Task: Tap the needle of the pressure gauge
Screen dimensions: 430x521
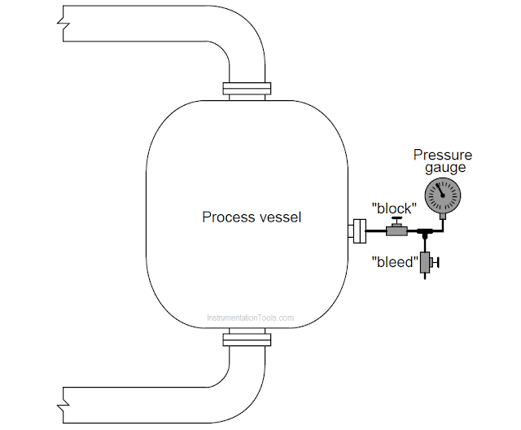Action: click(x=440, y=190)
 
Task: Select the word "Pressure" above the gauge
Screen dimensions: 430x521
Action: click(x=442, y=155)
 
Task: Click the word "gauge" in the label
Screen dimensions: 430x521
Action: click(x=444, y=168)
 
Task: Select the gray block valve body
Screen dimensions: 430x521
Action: click(x=396, y=232)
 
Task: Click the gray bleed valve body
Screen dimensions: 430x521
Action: click(x=425, y=262)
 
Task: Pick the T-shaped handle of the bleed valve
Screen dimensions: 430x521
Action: click(x=437, y=262)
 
